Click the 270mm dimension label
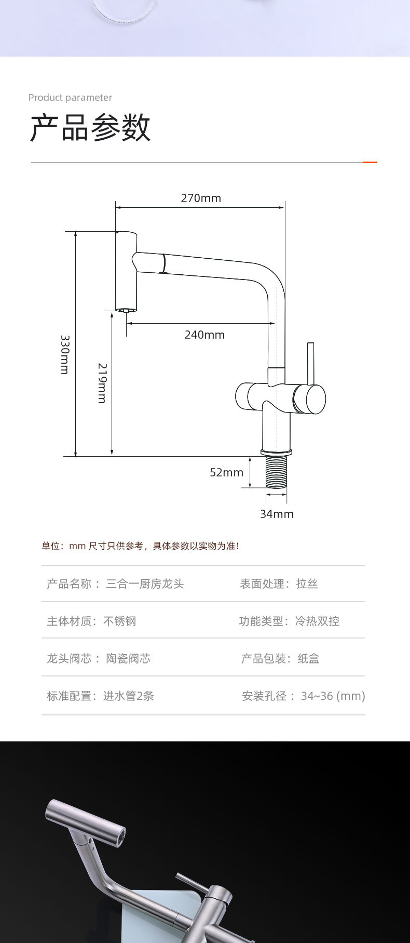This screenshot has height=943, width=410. tap(201, 198)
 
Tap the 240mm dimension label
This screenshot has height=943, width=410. tap(204, 335)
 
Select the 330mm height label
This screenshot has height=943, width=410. tap(65, 354)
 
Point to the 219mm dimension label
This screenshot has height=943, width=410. tap(102, 383)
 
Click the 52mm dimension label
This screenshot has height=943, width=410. tap(226, 472)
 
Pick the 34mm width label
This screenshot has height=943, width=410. tap(277, 514)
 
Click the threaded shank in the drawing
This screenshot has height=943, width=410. tap(276, 472)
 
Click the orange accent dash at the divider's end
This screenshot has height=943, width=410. tap(370, 162)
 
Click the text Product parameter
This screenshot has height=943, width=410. tap(70, 98)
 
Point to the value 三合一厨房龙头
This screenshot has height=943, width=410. tap(145, 584)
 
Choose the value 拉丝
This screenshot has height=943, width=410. tap(307, 584)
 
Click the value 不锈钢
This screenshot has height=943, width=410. tap(120, 621)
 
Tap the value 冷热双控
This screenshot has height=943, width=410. tap(317, 621)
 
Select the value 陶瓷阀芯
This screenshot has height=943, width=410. tap(128, 659)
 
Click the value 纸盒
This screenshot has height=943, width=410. tap(308, 659)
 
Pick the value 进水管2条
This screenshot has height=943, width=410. tap(128, 696)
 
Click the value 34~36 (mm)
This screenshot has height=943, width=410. tap(333, 696)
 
